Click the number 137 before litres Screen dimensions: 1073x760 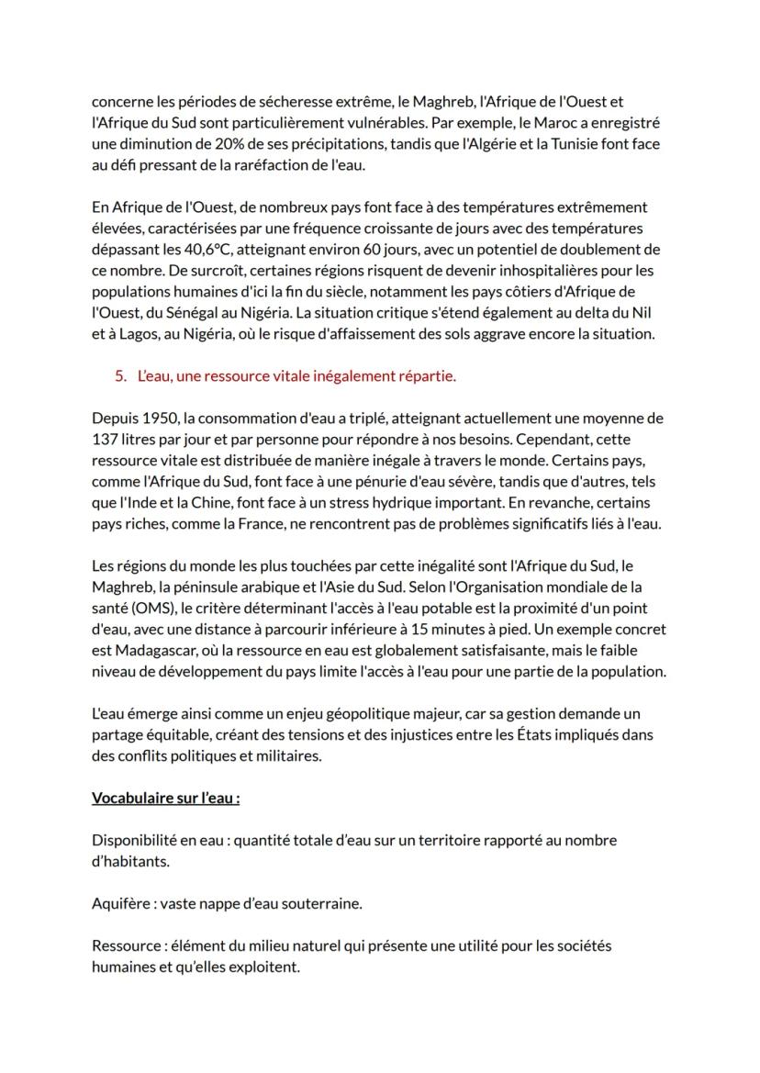pos(105,439)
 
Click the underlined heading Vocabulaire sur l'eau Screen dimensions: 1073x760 pos(165,798)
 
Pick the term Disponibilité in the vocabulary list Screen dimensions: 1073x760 pos(134,840)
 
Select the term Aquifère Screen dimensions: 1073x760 pos(121,903)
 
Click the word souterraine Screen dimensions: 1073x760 pos(320,903)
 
